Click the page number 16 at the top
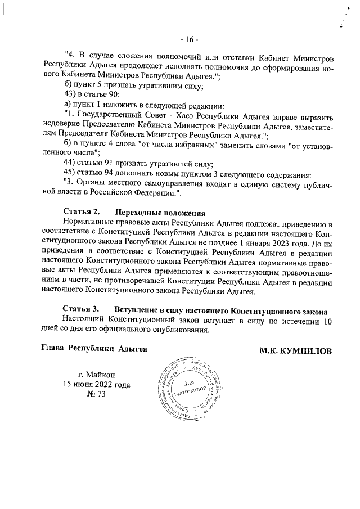pyautogui.click(x=186, y=39)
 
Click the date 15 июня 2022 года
pyautogui.click(x=97, y=385)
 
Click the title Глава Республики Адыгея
pyautogui.click(x=94, y=349)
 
